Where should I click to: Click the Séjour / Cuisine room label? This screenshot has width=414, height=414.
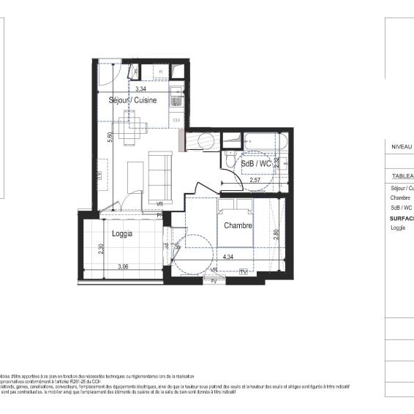click(x=133, y=100)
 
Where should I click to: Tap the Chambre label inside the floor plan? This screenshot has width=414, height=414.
click(x=238, y=225)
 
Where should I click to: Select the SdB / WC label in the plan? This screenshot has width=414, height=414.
click(x=256, y=164)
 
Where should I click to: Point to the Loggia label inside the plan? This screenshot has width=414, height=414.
click(x=122, y=234)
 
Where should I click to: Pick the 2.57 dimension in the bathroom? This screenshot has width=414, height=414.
click(x=256, y=180)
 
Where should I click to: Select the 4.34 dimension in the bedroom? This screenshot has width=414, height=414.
click(x=227, y=257)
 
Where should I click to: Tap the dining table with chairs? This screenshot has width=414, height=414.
click(x=132, y=132)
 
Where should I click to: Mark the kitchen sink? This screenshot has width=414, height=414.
click(x=176, y=96)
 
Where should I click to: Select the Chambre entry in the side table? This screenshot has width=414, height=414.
click(x=400, y=197)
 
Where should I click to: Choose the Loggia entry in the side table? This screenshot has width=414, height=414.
click(x=398, y=227)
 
